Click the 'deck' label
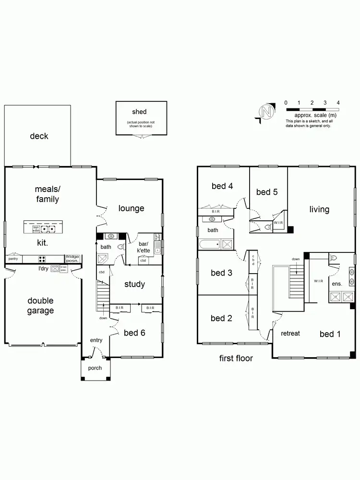click(39, 136)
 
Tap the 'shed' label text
click(139, 112)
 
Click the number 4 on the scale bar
click(338, 103)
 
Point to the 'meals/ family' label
click(47, 194)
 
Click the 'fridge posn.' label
click(72, 259)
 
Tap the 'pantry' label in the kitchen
click(13, 258)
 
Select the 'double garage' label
click(40, 306)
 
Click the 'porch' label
click(95, 368)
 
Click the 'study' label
click(134, 284)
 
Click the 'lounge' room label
click(131, 208)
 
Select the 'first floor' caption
click(236, 358)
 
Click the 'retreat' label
click(290, 333)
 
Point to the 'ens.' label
click(337, 284)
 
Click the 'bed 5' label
click(267, 192)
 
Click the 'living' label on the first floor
click(319, 209)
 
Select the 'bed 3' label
click(222, 273)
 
